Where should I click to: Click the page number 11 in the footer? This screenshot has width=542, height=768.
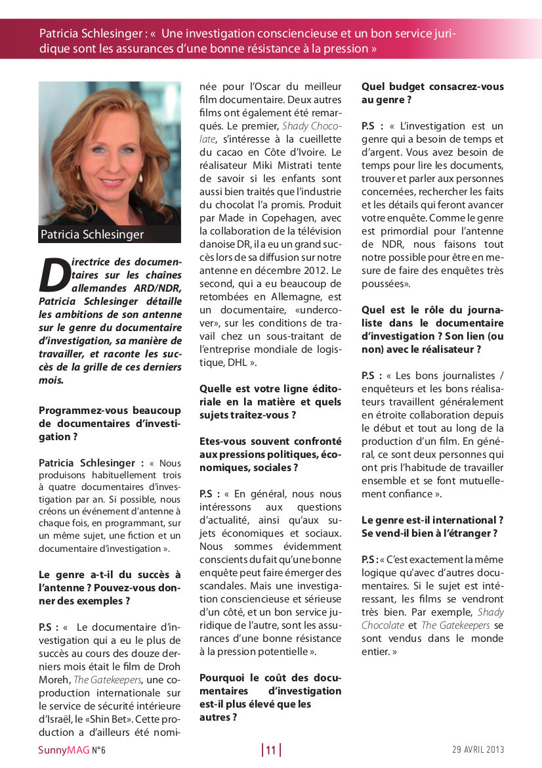[271, 750]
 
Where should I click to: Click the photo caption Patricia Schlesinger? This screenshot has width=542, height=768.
[92, 235]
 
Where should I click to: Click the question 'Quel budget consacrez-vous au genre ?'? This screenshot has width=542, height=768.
[432, 93]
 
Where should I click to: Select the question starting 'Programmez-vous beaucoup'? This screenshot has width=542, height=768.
[110, 423]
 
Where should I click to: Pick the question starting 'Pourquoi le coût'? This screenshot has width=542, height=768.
[270, 697]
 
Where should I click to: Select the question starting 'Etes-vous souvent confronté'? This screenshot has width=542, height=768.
[270, 454]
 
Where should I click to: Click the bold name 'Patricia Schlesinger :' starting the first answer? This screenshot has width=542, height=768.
[91, 463]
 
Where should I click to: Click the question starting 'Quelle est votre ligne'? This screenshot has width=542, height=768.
[270, 401]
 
